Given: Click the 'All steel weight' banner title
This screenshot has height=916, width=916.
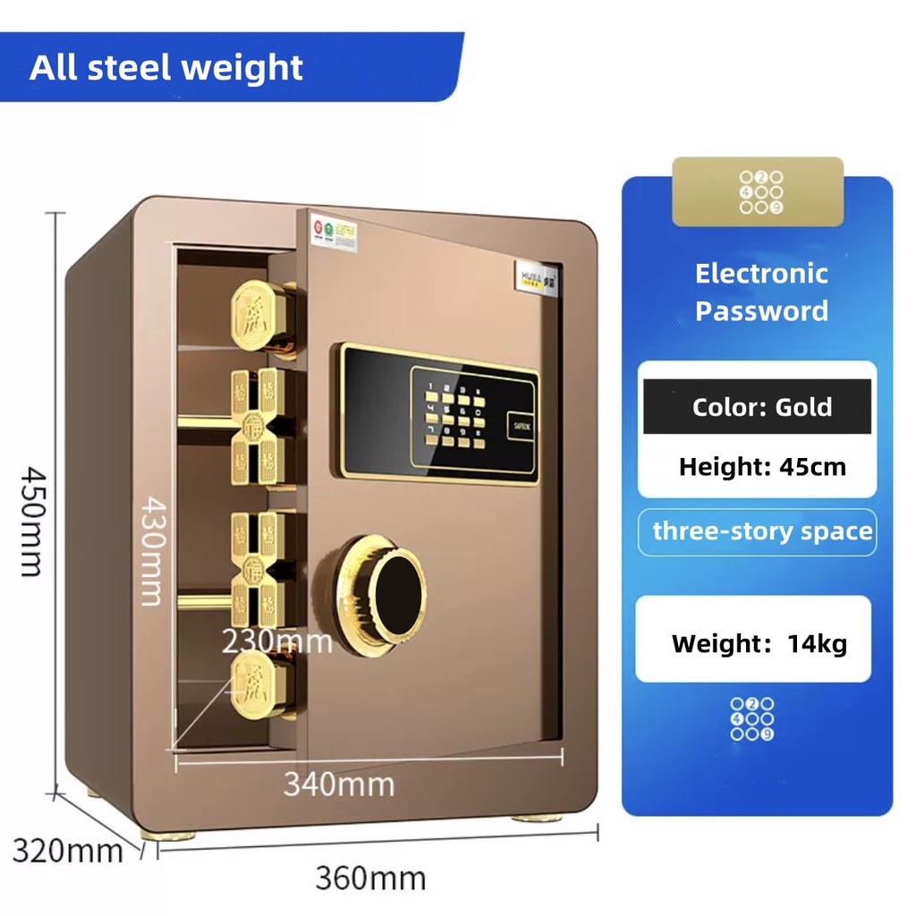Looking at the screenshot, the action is [x=166, y=68].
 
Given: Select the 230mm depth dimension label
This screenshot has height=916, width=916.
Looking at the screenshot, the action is [x=276, y=640].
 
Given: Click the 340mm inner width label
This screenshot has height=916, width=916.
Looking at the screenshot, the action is [x=339, y=784].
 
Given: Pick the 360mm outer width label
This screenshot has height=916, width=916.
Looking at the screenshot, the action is [x=369, y=878].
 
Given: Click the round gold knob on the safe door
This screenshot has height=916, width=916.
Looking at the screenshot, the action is [x=380, y=589].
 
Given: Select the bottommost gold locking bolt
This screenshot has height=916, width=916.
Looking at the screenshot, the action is [x=261, y=683].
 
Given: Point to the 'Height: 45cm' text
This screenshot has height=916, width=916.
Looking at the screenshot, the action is [x=761, y=466].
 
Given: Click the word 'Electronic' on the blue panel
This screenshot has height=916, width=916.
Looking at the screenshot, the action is [x=761, y=274].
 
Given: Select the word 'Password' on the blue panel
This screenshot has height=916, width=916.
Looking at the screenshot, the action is [x=761, y=311].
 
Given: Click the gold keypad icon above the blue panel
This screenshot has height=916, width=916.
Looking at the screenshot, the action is [x=758, y=192].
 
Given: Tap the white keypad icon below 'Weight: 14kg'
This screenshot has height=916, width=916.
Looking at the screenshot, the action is [x=752, y=719].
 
